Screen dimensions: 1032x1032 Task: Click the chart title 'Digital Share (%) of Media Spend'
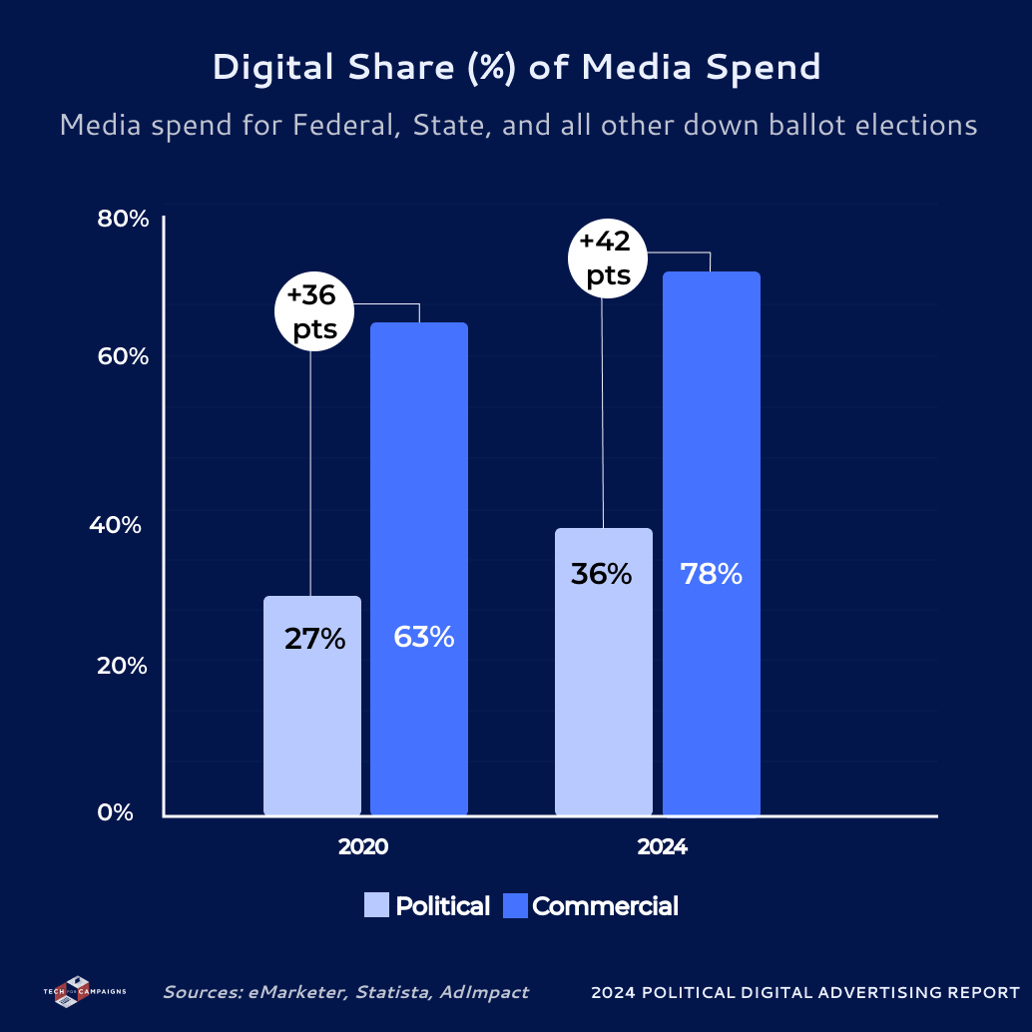point(516,68)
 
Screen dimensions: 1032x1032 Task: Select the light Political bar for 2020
point(312,719)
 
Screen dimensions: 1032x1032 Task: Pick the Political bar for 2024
point(604,699)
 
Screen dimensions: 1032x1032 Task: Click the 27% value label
point(314,639)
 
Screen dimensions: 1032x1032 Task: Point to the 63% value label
point(423,637)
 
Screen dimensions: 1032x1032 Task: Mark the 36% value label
point(601,575)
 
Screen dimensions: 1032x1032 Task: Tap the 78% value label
point(711,575)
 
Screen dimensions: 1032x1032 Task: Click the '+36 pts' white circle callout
point(311,312)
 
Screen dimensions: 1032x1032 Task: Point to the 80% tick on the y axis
point(123,220)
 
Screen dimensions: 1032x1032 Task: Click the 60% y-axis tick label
point(123,356)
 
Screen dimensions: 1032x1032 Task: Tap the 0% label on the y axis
point(115,812)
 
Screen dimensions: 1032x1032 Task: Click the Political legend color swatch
point(376,905)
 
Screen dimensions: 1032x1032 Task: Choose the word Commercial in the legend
point(605,906)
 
